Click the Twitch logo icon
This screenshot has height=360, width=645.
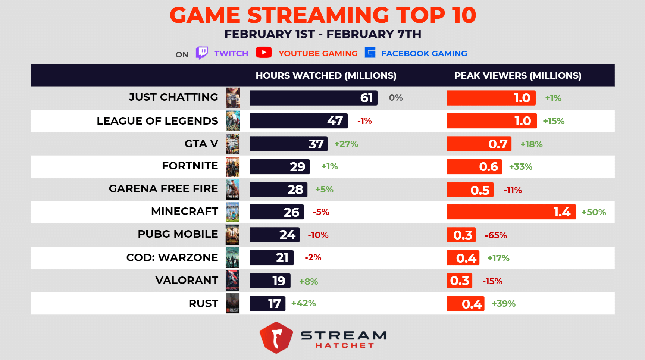(x=202, y=53)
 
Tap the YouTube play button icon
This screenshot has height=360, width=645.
(x=264, y=53)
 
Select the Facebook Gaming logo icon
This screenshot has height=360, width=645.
(x=370, y=53)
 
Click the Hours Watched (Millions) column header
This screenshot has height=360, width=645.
(x=326, y=76)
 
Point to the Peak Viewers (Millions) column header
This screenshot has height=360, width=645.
(x=517, y=76)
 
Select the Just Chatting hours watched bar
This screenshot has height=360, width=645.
(x=313, y=98)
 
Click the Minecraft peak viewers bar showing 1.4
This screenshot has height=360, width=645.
(x=511, y=212)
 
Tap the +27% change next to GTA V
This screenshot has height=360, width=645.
(x=346, y=144)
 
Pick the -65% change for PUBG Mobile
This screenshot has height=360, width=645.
(x=495, y=235)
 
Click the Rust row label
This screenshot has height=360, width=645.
(x=203, y=304)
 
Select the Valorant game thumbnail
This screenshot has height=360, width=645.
(x=232, y=281)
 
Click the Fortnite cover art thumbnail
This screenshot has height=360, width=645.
(x=232, y=167)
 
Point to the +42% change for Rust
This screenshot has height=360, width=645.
(x=303, y=303)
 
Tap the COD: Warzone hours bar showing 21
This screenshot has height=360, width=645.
(x=272, y=258)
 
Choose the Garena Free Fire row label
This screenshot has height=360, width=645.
(x=163, y=189)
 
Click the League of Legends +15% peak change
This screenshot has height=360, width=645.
(x=553, y=121)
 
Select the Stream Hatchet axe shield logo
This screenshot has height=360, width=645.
(x=276, y=337)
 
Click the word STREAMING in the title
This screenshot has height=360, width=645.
(x=318, y=15)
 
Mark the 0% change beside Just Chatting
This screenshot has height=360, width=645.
(x=395, y=98)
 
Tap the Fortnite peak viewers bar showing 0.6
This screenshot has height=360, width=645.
(x=474, y=167)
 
